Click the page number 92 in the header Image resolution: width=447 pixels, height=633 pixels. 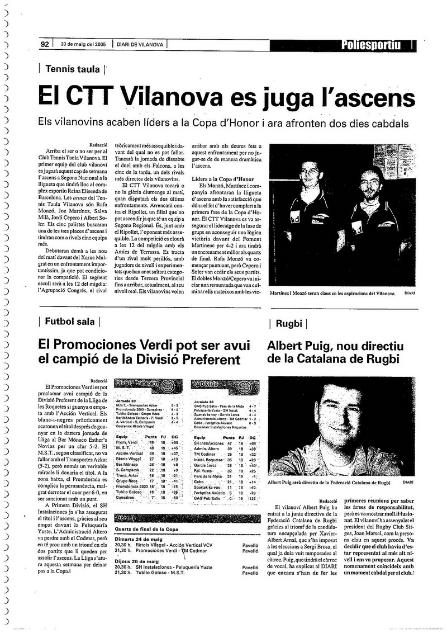tap(45, 44)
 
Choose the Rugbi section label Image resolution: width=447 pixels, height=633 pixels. tap(289, 323)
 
